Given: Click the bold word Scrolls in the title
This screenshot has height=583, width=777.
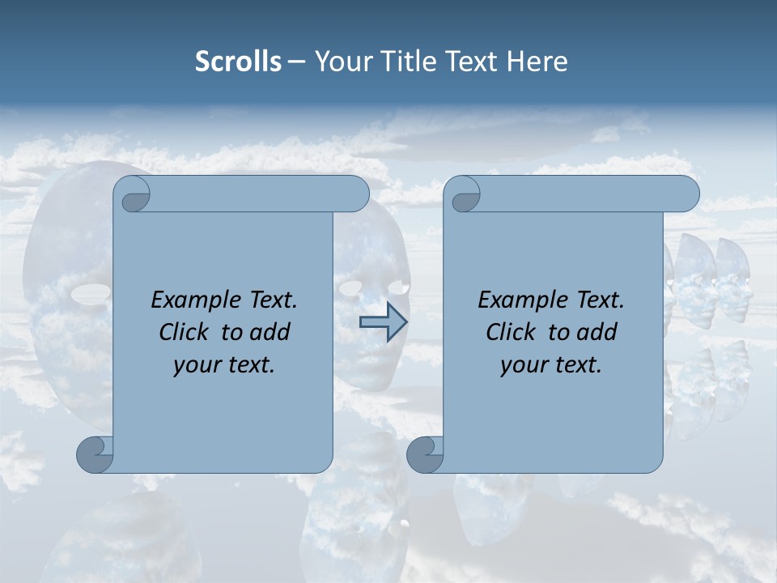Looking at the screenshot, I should tap(238, 62).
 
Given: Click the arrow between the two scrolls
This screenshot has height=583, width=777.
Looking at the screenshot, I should tap(384, 322).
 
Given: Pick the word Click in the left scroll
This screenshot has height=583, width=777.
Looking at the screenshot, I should tap(185, 332).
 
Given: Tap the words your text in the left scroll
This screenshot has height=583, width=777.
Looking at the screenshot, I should tap(223, 365).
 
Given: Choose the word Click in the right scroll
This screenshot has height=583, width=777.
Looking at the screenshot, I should tap(511, 332).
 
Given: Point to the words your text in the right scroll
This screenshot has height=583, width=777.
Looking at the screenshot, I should tap(550, 365).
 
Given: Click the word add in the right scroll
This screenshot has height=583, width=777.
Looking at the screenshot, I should tap(596, 332).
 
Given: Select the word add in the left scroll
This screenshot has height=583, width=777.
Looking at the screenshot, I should tap(269, 332).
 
